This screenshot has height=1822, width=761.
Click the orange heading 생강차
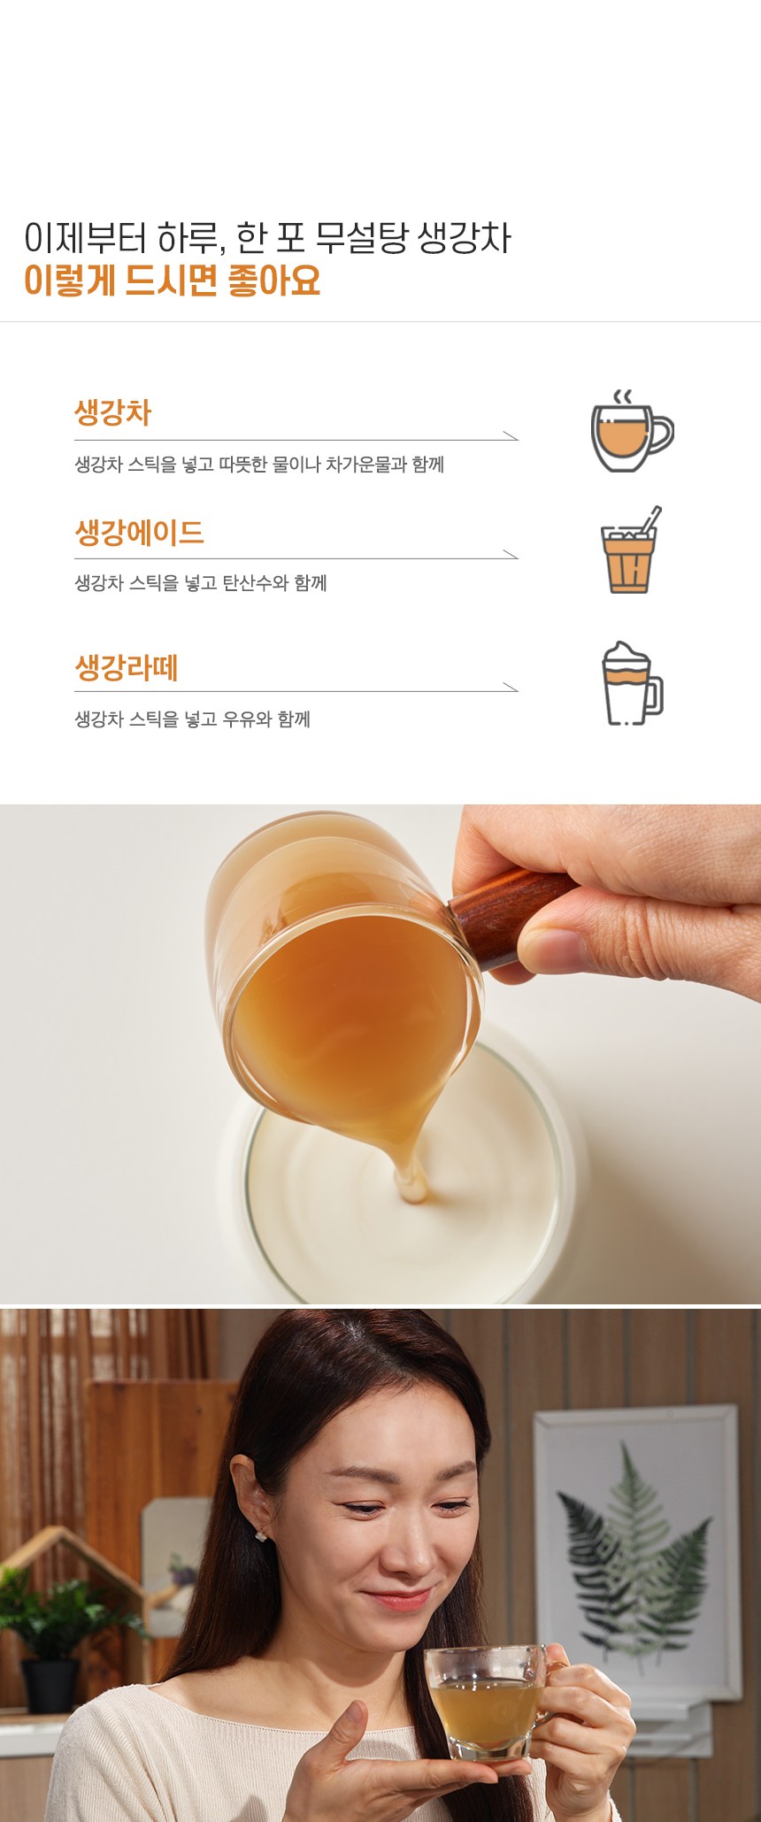click(x=112, y=412)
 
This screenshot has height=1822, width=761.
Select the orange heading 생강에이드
click(x=139, y=532)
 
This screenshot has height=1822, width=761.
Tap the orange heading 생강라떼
click(x=127, y=666)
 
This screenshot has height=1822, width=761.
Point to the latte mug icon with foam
click(x=632, y=683)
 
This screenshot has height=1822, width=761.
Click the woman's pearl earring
click(x=261, y=1536)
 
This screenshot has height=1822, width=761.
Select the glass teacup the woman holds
click(x=486, y=1703)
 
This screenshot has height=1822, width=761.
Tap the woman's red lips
click(x=396, y=1599)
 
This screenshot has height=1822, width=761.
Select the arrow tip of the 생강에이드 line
click(x=518, y=558)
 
